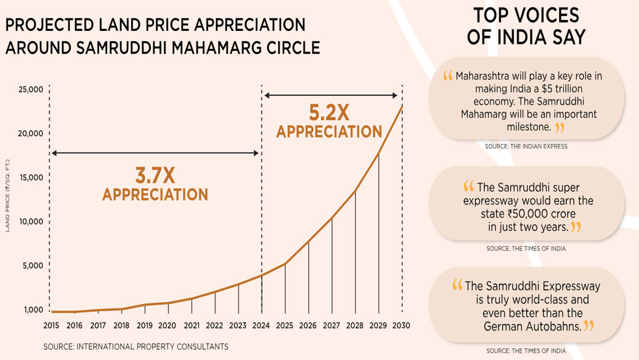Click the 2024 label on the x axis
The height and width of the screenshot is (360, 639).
pyautogui.click(x=261, y=326)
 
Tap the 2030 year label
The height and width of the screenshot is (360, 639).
pyautogui.click(x=401, y=326)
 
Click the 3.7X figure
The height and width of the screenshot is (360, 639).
pyautogui.click(x=155, y=176)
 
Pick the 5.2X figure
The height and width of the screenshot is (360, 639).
pyautogui.click(x=329, y=112)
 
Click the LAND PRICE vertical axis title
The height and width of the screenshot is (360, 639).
pyautogui.click(x=8, y=195)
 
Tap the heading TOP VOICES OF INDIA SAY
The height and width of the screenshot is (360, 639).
pyautogui.click(x=526, y=26)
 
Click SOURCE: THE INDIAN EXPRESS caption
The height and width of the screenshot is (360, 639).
pyautogui.click(x=526, y=146)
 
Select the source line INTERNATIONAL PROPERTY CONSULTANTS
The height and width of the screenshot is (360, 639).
pyautogui.click(x=135, y=346)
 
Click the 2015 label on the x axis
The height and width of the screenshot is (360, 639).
pyautogui.click(x=51, y=326)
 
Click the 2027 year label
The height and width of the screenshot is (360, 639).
pyautogui.click(x=331, y=326)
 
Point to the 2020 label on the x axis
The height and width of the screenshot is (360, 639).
pyautogui.click(x=167, y=326)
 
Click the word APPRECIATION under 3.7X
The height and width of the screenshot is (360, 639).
pyautogui.click(x=155, y=195)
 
